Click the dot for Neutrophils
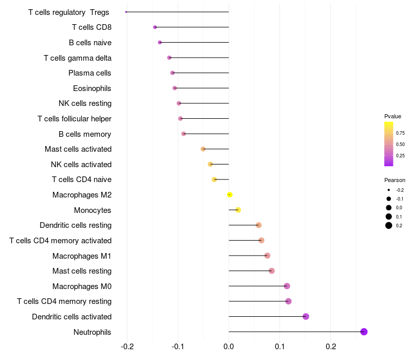(364, 332)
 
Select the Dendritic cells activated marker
(306, 316)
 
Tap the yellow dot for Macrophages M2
(230, 194)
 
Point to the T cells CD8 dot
(155, 27)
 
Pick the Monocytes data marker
(238, 210)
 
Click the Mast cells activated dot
(203, 149)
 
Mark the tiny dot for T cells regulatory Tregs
(126, 12)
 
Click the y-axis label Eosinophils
(92, 88)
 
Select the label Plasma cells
(90, 73)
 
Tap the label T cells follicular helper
(74, 119)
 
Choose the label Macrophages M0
(82, 286)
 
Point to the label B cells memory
(85, 134)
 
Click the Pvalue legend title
(393, 116)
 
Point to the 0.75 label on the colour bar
(400, 133)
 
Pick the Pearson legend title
(395, 180)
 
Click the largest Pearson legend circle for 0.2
(389, 225)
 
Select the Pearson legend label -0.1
(399, 199)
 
